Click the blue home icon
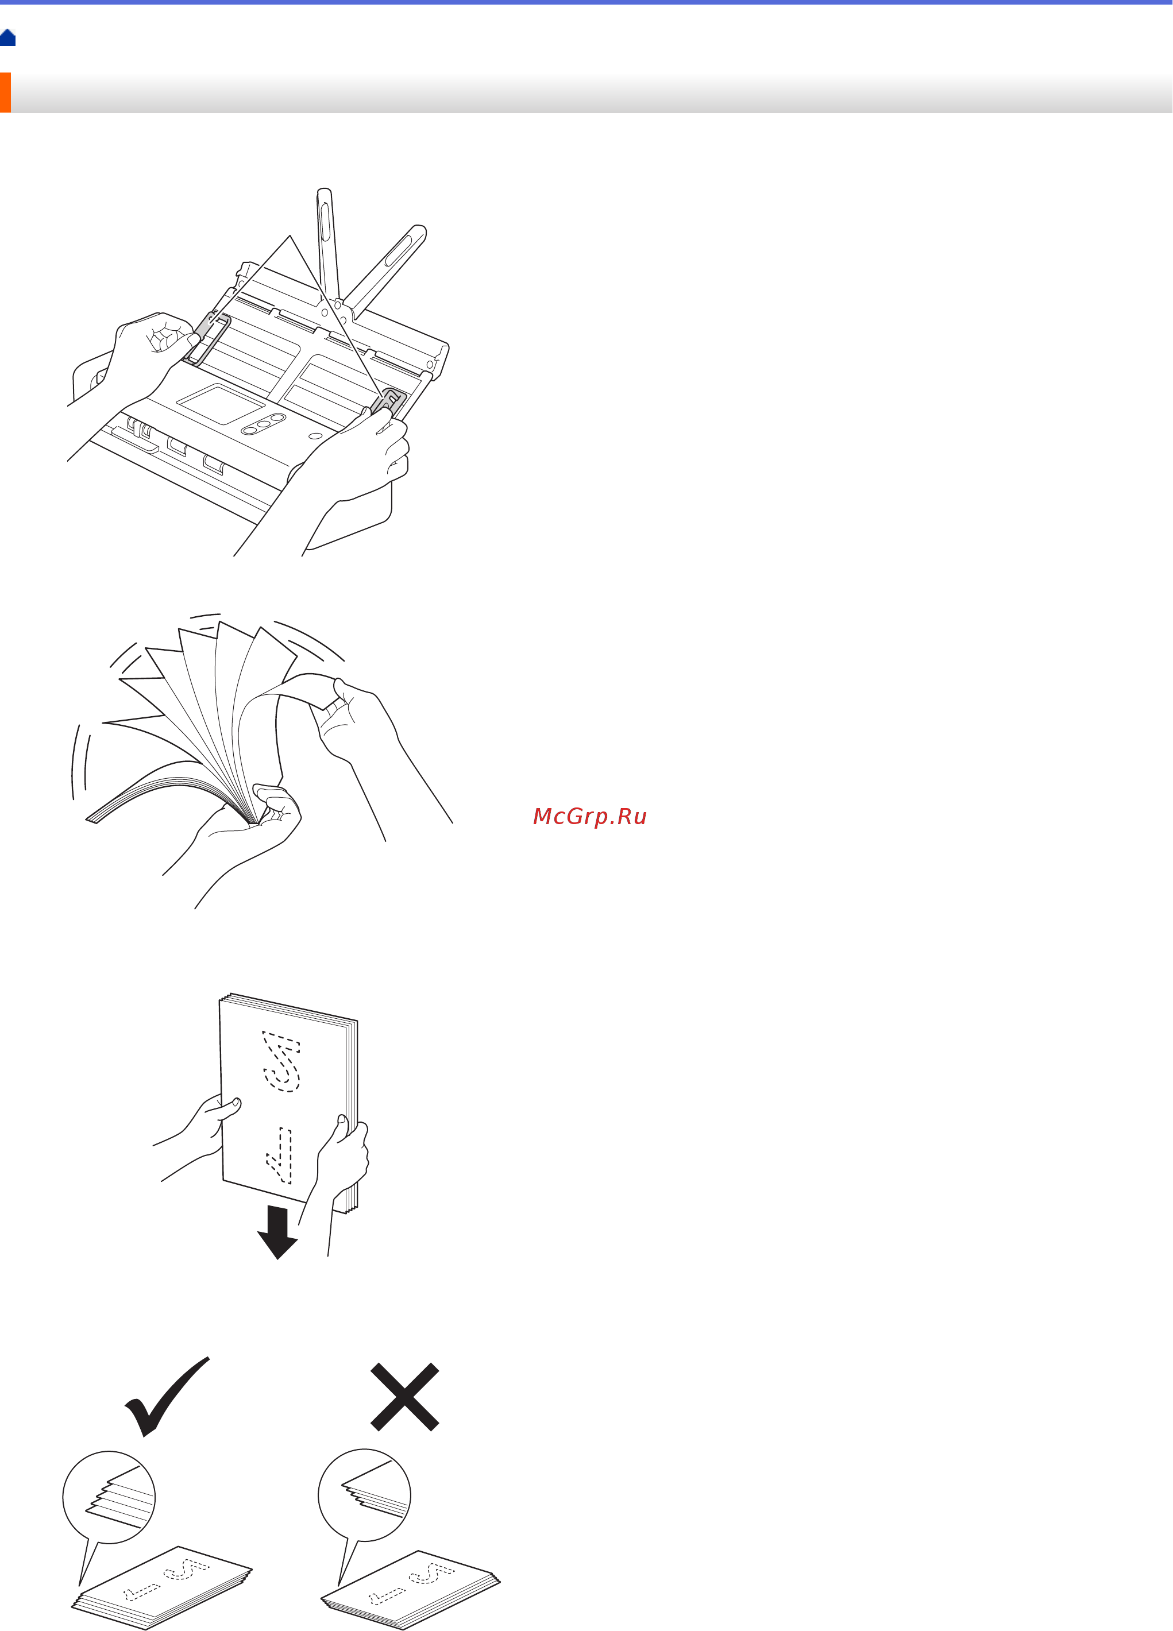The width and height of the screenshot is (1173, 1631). tap(8, 37)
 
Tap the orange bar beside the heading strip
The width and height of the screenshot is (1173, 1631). tap(5, 92)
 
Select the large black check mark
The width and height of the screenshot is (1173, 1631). tap(167, 1396)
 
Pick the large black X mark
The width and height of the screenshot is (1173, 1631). tap(404, 1397)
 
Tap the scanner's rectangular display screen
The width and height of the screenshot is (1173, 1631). tap(221, 404)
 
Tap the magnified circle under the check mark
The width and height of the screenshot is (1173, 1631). tap(109, 1497)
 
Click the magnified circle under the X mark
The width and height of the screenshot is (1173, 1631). tap(365, 1494)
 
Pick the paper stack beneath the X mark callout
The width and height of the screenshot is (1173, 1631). tap(411, 1589)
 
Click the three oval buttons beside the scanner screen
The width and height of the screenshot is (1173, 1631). tap(264, 424)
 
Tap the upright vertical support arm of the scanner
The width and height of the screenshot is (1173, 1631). tap(328, 252)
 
